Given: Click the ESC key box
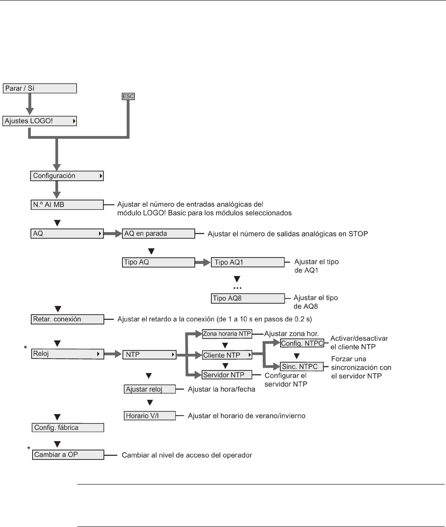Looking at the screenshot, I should (128, 96).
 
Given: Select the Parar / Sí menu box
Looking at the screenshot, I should (40, 89).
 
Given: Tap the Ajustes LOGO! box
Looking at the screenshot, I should (40, 121).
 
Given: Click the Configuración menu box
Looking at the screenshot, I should (67, 176).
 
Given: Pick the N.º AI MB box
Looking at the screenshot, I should (67, 205).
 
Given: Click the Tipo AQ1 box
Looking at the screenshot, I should (247, 262).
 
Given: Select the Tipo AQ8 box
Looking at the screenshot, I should (247, 298).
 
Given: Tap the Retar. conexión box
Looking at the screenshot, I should (67, 319).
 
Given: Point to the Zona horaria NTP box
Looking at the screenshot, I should (227, 333).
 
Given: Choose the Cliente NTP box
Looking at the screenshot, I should (227, 355).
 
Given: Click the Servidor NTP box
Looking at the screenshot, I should (227, 374).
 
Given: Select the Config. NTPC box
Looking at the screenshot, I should (302, 344).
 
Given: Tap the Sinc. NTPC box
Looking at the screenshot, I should (302, 367).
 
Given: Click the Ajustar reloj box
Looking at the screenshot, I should (149, 389).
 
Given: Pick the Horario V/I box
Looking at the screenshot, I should (149, 416).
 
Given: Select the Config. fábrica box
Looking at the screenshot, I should (67, 428).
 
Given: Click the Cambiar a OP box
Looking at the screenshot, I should (67, 455).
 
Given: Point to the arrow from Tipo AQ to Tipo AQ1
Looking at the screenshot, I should (202, 262).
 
